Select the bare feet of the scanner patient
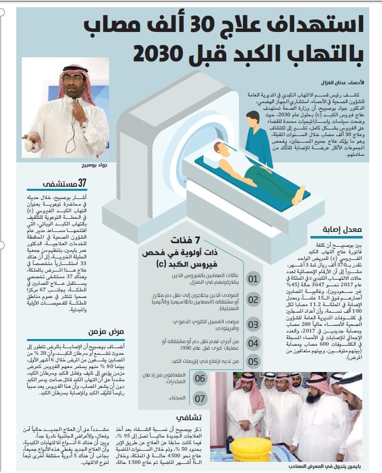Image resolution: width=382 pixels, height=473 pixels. pos(300,194)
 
